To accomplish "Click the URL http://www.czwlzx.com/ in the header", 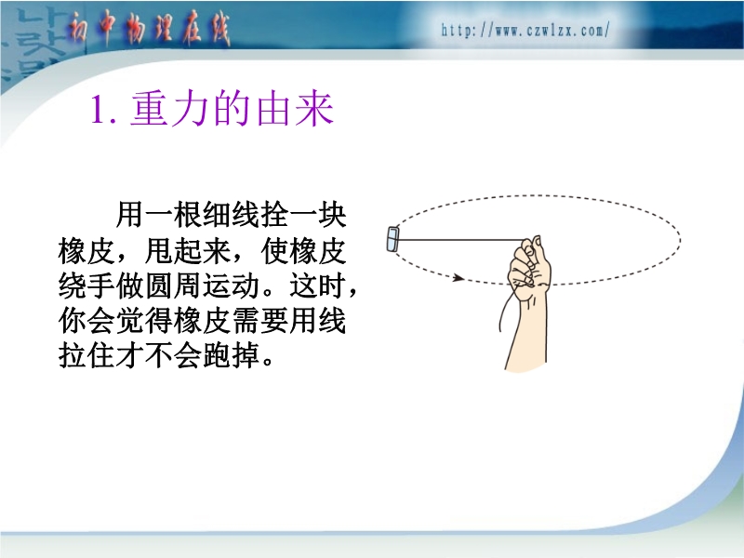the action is (525, 31).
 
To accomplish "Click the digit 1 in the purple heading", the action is (99, 110).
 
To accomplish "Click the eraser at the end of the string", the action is (392, 238).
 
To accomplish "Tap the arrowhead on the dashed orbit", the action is (458, 277).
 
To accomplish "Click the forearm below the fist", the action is (527, 332).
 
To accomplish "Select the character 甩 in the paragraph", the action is (158, 250).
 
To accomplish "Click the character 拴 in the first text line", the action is (274, 215).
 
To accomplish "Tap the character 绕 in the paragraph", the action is (73, 286).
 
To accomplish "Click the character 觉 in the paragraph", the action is (130, 321).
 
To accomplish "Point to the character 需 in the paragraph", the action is (246, 321).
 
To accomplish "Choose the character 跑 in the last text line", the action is (217, 356).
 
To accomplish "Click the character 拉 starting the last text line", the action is (73, 356).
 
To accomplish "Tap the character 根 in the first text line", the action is (188, 215).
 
